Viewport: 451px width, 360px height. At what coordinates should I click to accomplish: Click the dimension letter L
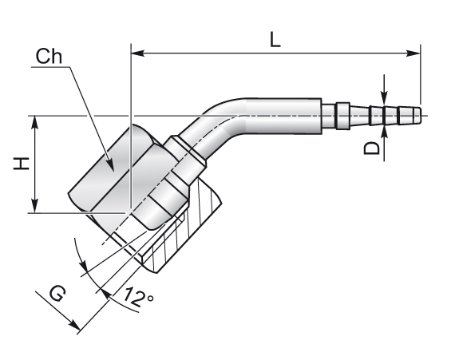(275, 39)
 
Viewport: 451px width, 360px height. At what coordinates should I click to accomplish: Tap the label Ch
(49, 57)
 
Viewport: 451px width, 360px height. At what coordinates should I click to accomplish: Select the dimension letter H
(22, 164)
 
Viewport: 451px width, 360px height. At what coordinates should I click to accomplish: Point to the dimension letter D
(372, 148)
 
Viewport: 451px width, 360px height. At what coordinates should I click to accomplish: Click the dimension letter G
(57, 294)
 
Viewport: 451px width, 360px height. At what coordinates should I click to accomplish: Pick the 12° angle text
(138, 297)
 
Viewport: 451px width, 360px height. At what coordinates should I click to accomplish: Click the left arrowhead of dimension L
(138, 53)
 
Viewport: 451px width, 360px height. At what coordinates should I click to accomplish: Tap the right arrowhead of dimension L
(413, 53)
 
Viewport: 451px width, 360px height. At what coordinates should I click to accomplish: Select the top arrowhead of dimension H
(35, 122)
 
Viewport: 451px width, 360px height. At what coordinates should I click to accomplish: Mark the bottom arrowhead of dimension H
(35, 206)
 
